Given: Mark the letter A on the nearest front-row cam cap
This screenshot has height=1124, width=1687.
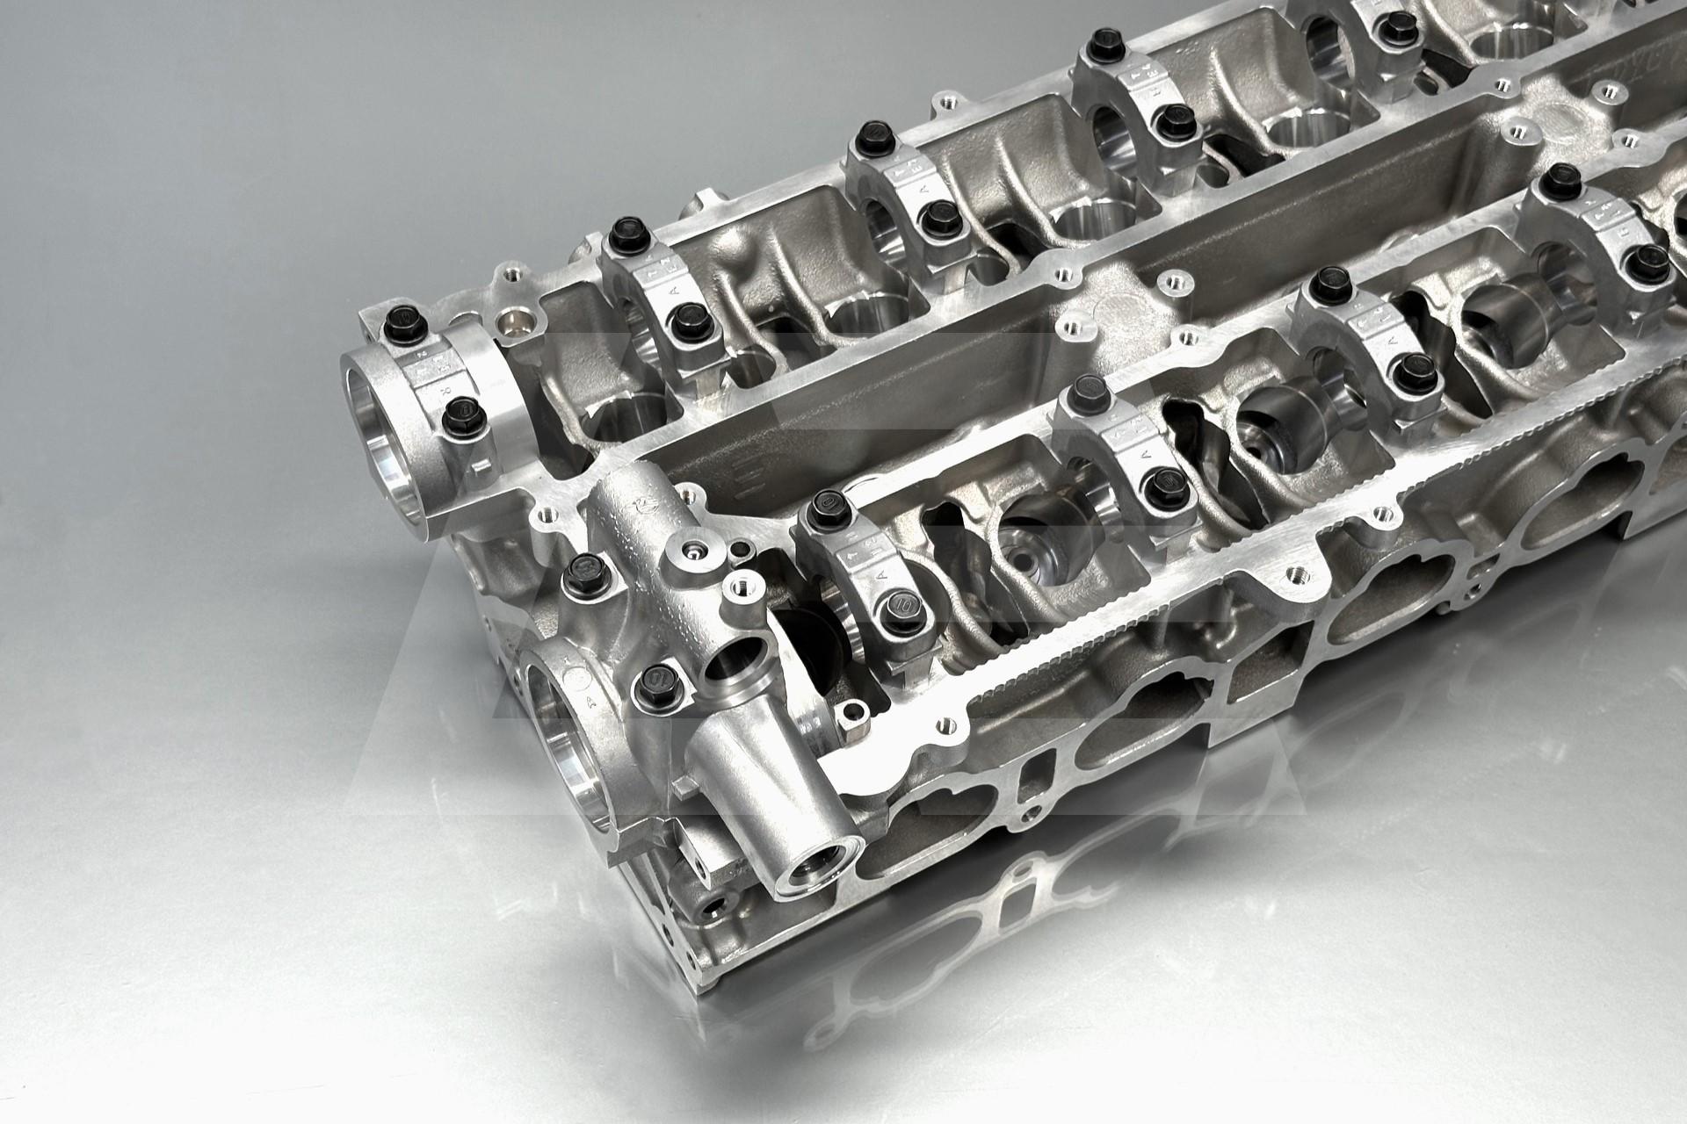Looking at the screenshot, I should (x=880, y=573).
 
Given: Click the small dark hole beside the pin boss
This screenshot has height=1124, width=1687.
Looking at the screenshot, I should (x=742, y=550).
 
